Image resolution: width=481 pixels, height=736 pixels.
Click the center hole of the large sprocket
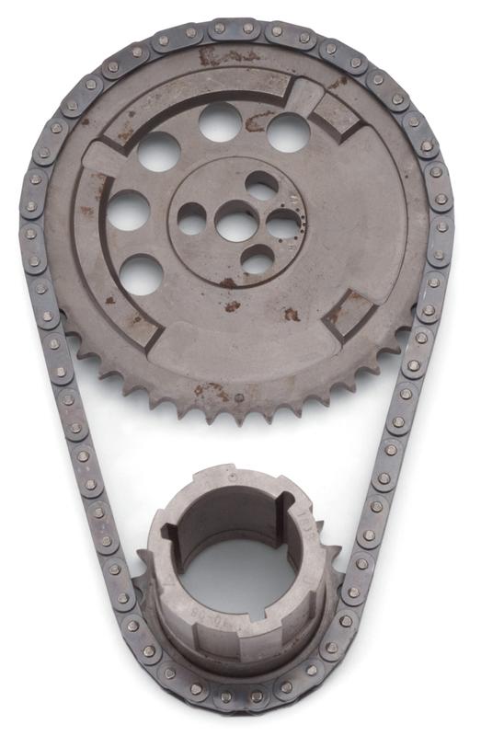(x=237, y=222)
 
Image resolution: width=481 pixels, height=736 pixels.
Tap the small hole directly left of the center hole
(x=192, y=218)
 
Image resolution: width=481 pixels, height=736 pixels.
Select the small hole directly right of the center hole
(x=282, y=222)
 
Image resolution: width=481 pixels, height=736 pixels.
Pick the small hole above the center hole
(x=262, y=185)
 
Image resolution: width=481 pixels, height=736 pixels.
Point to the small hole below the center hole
(x=257, y=260)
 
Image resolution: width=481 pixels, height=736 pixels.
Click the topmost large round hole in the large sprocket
(x=220, y=121)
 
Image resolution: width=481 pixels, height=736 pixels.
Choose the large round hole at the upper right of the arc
(x=288, y=131)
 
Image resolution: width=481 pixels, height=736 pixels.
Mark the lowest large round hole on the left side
(x=142, y=274)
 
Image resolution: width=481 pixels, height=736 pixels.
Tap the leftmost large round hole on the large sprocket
(x=129, y=210)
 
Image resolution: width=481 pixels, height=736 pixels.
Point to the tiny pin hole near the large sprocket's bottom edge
(x=240, y=397)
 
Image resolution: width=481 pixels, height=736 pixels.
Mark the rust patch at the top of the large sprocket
(x=217, y=57)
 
